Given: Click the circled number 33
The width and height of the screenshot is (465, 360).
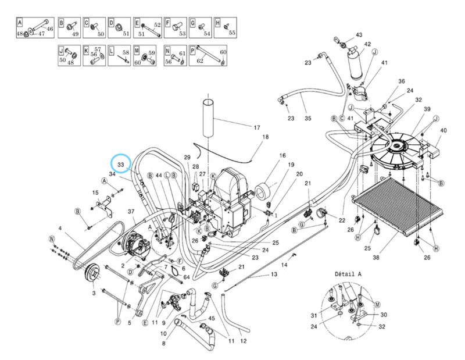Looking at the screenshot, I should tap(121, 165).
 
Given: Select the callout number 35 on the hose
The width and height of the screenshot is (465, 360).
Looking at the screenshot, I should tap(308, 119).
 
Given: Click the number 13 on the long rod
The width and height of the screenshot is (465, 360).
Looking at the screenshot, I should tap(274, 273).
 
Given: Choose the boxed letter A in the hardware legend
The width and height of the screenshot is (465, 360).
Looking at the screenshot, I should tap(19, 23).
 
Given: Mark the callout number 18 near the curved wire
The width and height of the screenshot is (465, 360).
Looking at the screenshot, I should tap(266, 137).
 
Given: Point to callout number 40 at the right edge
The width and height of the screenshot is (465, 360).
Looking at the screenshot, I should tap(443, 130).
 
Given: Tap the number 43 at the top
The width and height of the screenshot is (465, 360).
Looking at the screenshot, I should tap(359, 35).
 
